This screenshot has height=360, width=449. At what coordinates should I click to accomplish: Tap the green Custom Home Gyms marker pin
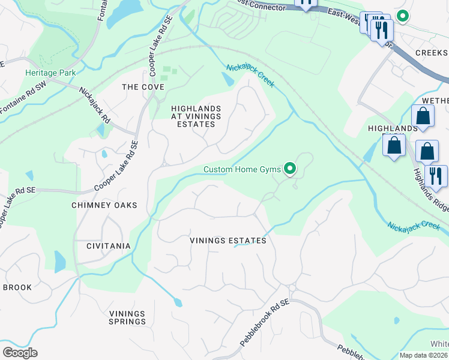click(290, 169)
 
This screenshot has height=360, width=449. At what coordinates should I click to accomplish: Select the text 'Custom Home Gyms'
click(242, 169)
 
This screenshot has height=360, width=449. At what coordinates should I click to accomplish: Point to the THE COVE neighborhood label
click(143, 87)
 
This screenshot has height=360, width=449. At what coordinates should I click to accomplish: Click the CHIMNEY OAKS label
click(104, 205)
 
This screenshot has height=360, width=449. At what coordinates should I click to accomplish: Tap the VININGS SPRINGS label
click(127, 317)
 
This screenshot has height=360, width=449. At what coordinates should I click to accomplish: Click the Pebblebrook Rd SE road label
click(265, 323)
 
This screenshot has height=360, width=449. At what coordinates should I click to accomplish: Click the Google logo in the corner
click(20, 352)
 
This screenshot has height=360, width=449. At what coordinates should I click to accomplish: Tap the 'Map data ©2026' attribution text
click(424, 355)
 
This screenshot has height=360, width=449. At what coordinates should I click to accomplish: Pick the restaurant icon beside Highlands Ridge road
click(436, 175)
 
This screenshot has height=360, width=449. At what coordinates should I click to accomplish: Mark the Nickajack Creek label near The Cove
click(250, 76)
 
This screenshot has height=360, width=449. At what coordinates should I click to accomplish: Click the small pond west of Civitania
click(60, 262)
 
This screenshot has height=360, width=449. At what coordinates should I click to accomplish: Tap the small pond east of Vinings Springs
click(178, 302)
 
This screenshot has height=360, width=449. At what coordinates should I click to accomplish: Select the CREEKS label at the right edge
click(432, 53)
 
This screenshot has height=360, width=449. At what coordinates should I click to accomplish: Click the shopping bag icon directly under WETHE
click(423, 116)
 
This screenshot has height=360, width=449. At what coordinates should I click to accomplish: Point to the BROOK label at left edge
click(17, 287)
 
